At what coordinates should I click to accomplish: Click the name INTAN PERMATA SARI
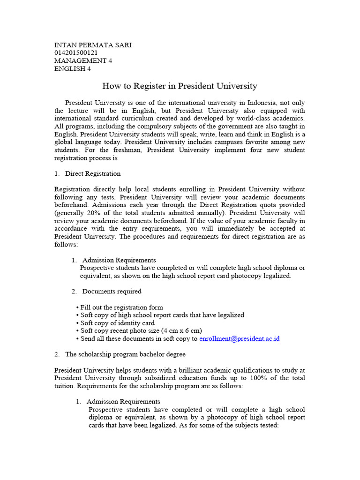point(93,45)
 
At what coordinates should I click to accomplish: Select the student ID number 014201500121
point(76,53)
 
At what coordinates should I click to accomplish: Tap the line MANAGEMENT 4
point(83,61)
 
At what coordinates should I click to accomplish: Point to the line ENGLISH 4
point(73,69)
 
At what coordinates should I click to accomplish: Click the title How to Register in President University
point(180,86)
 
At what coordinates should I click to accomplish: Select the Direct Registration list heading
point(92,173)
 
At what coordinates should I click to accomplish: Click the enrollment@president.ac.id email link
point(239,339)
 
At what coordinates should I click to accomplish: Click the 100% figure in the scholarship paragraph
point(256,378)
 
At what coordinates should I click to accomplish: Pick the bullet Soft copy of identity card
point(117,323)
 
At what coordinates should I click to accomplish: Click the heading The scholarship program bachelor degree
point(125,354)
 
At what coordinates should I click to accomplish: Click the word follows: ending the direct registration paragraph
point(66,245)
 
